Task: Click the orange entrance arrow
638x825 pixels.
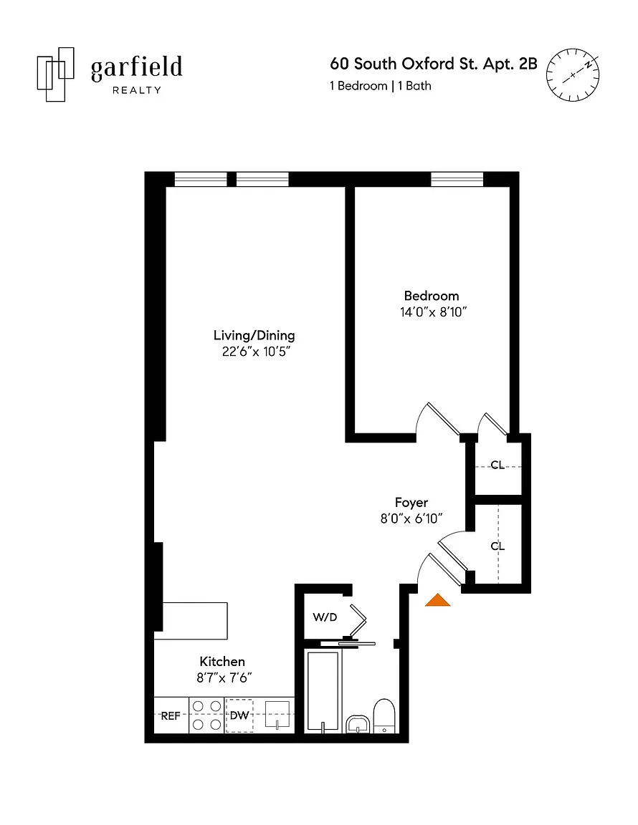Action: click(438, 600)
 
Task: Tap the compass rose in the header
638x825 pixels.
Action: click(573, 74)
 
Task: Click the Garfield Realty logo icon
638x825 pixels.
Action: click(55, 74)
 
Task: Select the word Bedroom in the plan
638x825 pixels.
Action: click(432, 296)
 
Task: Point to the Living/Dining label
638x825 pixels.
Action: click(254, 336)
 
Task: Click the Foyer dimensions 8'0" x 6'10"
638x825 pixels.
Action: click(411, 518)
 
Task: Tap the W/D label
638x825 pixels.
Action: click(325, 617)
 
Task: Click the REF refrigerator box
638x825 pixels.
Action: click(171, 715)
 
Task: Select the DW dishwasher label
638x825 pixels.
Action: click(239, 715)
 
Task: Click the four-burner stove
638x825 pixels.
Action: click(206, 715)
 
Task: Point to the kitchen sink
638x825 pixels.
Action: click(277, 715)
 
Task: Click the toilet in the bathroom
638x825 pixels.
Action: click(384, 715)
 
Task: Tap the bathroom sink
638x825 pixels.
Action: click(358, 724)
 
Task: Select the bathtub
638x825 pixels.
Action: click(323, 691)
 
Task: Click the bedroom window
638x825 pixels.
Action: click(457, 180)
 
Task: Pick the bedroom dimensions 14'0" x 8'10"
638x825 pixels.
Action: click(434, 312)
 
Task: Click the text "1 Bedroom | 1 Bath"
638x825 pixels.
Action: click(381, 86)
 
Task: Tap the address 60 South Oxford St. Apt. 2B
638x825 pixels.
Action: click(434, 64)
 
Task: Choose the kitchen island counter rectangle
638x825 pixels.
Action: click(195, 621)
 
